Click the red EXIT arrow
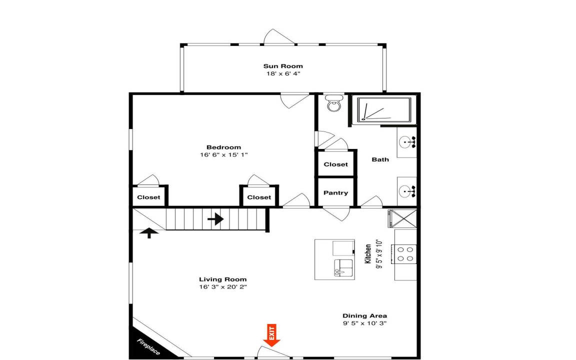point(271,335)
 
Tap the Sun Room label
point(283,66)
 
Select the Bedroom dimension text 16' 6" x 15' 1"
point(223,154)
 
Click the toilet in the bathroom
point(334,103)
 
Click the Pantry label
point(336,193)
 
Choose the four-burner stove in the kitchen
point(403,254)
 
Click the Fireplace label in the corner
point(148,347)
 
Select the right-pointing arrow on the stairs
point(215,219)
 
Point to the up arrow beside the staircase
point(149,233)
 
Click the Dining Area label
point(364,315)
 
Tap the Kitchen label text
point(367,254)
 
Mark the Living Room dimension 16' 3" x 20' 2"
point(222,286)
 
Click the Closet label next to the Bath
point(336,164)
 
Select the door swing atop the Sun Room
point(279,36)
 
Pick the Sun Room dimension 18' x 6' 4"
point(283,73)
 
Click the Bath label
point(380,159)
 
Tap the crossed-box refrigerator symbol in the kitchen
point(402,218)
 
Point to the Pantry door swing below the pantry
point(336,214)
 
